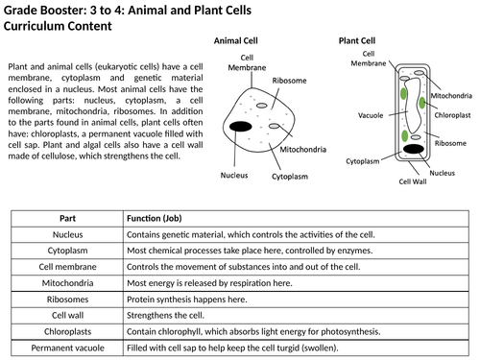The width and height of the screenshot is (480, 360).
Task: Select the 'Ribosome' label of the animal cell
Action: (x=289, y=82)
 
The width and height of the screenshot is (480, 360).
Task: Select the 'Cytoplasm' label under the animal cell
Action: (x=289, y=178)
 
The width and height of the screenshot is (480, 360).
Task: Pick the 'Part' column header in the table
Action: (x=67, y=218)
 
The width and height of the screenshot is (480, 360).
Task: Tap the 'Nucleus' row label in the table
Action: (x=67, y=234)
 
